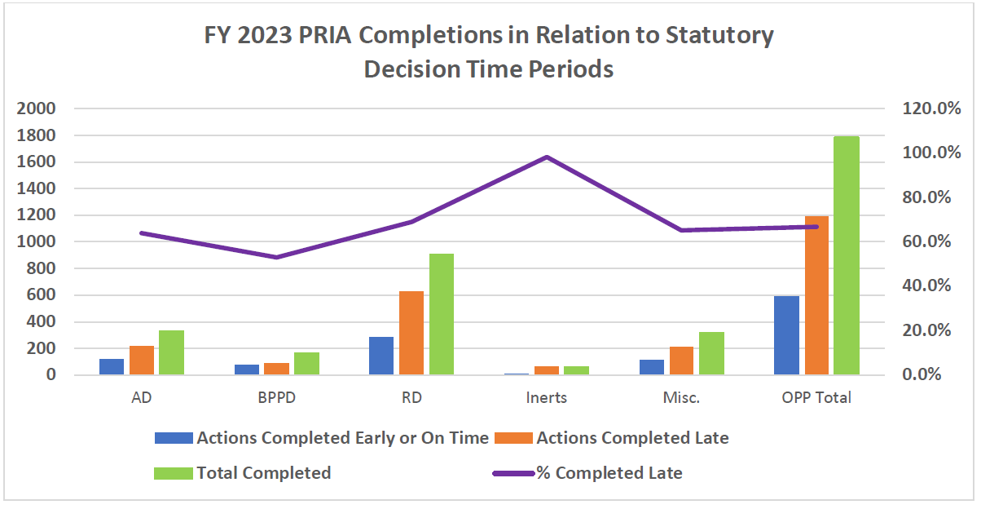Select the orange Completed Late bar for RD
pos(411,333)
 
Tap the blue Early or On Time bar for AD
pos(112,367)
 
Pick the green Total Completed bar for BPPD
pos(306,364)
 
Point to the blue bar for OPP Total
pos(786,335)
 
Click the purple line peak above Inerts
pos(547,157)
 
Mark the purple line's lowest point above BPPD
pos(276,258)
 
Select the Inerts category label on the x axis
pos(546,398)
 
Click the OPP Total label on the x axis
pos(816,398)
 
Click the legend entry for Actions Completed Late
pos(631,438)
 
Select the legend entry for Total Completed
pos(263,473)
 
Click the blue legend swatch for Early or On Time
pos(174,438)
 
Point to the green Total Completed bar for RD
pos(442,314)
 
